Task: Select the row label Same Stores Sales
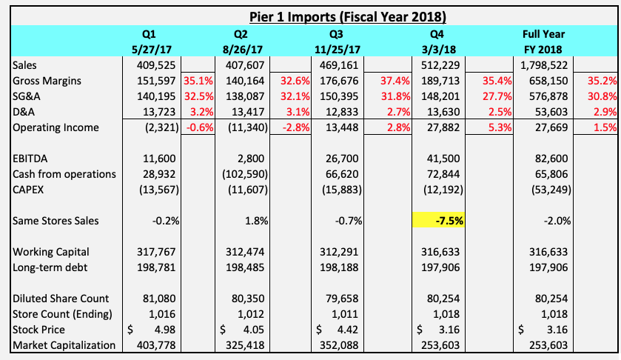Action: [x=56, y=221]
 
